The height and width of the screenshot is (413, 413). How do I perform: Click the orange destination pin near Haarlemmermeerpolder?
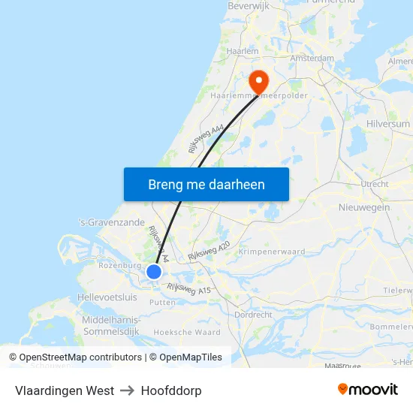258,81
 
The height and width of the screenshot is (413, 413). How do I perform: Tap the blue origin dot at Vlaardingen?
154,272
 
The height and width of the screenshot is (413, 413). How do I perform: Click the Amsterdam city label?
312,58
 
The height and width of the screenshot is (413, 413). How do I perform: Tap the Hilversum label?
390,124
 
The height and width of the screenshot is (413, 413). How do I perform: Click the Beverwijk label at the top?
249,5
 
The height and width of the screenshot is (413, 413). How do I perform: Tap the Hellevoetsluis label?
107,297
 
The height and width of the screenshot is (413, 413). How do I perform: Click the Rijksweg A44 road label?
208,140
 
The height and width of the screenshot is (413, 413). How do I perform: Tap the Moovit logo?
367,389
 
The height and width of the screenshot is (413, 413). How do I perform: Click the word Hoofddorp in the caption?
170,390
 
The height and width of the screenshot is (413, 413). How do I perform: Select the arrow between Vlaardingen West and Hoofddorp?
127,390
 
